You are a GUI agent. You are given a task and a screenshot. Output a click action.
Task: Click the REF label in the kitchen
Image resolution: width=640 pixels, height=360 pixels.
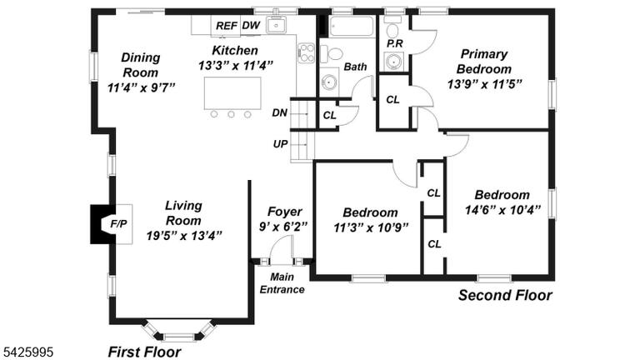click(227, 26)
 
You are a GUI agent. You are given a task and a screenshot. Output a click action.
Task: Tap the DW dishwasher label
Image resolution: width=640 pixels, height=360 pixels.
click(251, 25)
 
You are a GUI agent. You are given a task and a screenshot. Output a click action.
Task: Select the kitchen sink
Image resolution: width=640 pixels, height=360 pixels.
click(277, 25)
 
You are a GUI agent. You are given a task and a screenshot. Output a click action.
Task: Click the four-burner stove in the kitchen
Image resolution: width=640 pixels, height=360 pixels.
click(306, 52)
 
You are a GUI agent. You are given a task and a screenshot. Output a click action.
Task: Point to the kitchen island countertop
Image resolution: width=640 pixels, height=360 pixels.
click(232, 92)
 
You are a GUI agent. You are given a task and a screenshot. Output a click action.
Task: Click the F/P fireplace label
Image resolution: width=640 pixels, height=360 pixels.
click(119, 223)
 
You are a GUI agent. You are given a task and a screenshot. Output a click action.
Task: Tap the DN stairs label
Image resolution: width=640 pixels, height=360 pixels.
click(280, 112)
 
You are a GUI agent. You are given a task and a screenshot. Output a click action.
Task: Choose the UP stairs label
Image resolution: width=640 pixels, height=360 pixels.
click(280, 143)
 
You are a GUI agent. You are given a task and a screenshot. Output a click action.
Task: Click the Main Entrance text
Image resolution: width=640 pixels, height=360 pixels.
click(282, 283)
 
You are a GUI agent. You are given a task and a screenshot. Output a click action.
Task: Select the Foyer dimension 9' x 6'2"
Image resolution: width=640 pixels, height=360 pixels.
click(283, 227)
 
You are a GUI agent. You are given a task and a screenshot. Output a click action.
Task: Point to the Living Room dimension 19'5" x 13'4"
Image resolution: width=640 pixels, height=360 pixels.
click(184, 236)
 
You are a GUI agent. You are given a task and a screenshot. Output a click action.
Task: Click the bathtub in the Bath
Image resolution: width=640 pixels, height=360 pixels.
click(352, 27)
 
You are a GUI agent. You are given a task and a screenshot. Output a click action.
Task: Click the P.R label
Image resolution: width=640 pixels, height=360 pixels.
click(395, 43)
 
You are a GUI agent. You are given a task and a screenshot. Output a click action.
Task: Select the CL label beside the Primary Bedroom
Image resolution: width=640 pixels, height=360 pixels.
click(392, 100)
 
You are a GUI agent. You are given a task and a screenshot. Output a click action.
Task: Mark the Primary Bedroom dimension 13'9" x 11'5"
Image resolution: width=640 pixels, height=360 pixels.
click(485, 84)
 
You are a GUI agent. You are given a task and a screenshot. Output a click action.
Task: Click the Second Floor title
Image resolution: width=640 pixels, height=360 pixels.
click(505, 295)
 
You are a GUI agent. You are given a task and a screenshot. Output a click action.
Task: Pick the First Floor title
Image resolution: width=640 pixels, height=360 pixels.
click(144, 352)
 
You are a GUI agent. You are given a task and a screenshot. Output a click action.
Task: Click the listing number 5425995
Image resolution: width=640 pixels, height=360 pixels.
click(28, 352)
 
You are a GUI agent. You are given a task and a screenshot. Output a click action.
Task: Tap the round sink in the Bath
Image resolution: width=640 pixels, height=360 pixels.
click(329, 82)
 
